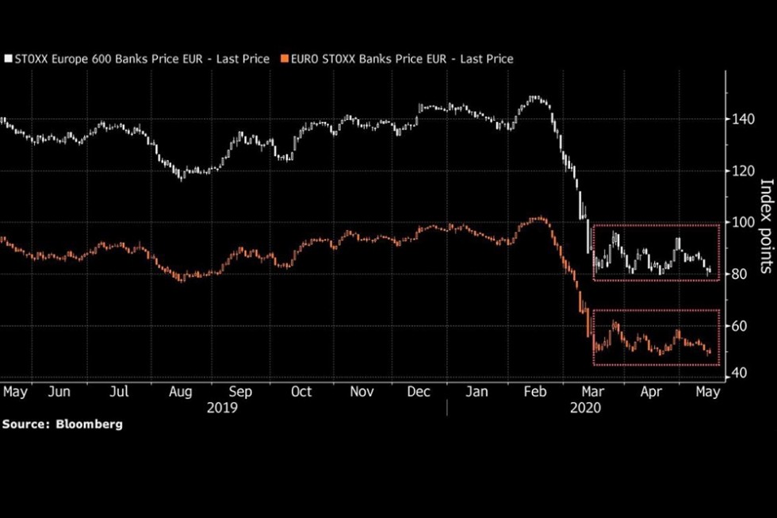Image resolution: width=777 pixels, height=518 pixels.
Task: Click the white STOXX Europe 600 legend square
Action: pos(8,59)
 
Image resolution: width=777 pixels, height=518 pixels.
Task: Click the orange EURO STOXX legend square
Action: pos(284,59)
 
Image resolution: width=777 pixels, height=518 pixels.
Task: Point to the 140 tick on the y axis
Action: pos(744,119)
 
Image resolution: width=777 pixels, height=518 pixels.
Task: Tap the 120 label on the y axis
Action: pos(744,171)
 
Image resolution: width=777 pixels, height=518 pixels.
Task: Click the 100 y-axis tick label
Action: pos(744,222)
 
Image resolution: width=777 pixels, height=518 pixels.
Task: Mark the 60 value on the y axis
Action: pos(740,326)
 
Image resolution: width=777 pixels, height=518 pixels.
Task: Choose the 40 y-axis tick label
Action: pos(739,373)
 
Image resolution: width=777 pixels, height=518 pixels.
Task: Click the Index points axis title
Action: pos(767,226)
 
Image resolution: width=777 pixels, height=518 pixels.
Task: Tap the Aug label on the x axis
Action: pos(181,392)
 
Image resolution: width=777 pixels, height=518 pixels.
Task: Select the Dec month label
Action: pos(419,392)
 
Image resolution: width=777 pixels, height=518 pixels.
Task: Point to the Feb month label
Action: pos(535,392)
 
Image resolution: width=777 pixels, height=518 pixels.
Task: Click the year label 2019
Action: pos(222,408)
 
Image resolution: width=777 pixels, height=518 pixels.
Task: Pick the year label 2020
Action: pos(585,408)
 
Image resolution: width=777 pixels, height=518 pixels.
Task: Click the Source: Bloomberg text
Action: pos(63,424)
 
